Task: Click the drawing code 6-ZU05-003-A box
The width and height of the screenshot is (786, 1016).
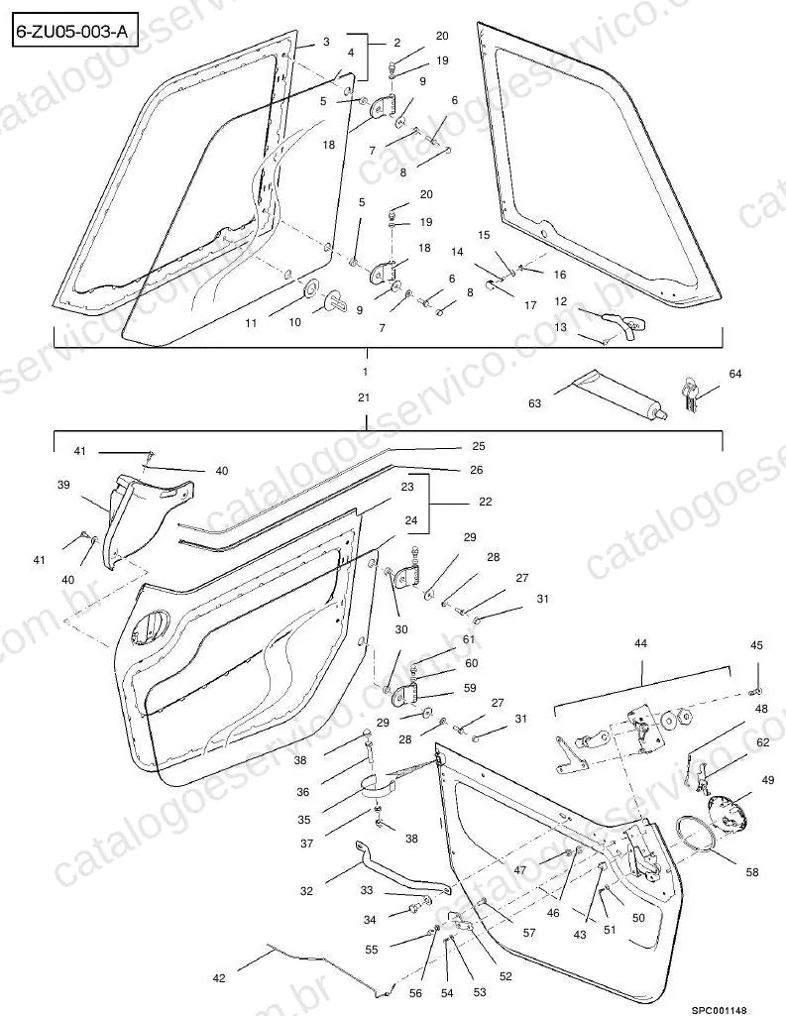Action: point(74,31)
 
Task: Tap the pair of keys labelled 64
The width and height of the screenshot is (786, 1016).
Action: point(689,395)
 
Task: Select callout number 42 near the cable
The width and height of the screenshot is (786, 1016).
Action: point(219,977)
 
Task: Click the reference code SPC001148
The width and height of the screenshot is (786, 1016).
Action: point(719,1010)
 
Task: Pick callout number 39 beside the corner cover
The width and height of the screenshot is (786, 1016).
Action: point(63,485)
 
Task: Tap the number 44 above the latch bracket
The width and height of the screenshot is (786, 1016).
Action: point(640,643)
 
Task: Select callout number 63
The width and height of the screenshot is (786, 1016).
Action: point(534,403)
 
